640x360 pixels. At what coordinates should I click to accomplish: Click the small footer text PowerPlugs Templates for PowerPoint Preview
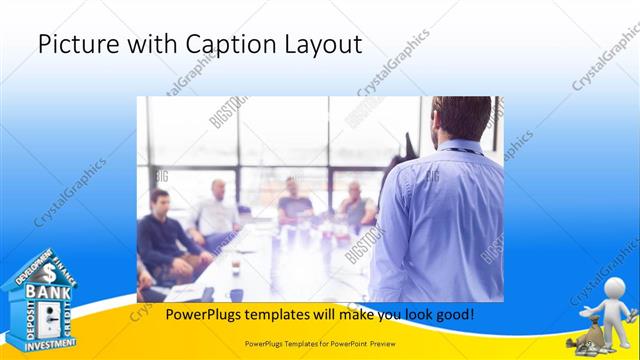click(x=319, y=342)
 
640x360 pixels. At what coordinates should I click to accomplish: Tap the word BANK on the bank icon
click(x=47, y=291)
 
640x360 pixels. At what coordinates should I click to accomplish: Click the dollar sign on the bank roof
click(x=47, y=271)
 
